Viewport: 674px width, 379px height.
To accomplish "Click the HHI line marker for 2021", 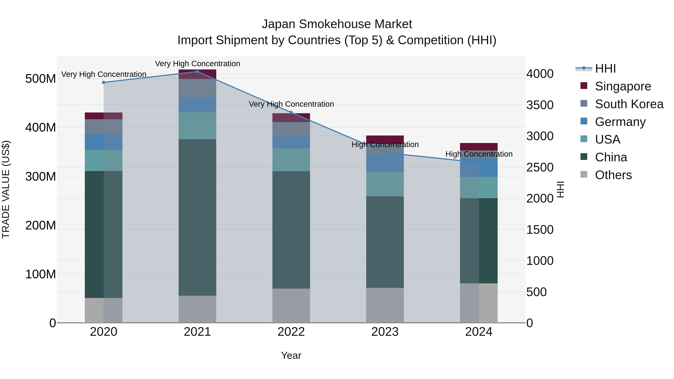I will (x=197, y=72).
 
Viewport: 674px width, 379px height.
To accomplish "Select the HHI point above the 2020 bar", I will (x=104, y=82).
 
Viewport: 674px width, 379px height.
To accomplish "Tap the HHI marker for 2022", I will (x=291, y=112).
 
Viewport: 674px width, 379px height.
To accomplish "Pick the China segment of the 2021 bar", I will (x=197, y=217).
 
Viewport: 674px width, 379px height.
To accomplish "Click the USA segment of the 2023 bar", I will (x=385, y=184).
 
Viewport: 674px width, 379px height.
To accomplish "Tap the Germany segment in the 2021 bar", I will (x=197, y=105).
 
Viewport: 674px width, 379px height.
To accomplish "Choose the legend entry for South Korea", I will (x=629, y=104).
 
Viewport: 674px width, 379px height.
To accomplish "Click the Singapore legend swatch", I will (x=584, y=86).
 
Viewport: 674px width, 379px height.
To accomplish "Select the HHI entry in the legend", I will (x=605, y=69).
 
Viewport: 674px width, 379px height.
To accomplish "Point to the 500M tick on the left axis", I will (x=41, y=79).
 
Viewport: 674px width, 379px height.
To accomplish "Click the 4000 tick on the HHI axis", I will (x=540, y=74).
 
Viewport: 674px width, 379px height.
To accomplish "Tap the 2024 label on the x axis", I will (x=479, y=332).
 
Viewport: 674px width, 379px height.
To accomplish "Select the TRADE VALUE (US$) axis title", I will (x=6, y=189).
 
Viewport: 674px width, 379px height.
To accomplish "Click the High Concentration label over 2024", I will (x=479, y=154).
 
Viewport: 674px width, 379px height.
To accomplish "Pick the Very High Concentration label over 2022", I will (x=291, y=104).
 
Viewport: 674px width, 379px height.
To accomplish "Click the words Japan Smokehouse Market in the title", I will (x=337, y=24).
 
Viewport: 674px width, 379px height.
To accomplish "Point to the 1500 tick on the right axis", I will (x=540, y=230).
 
